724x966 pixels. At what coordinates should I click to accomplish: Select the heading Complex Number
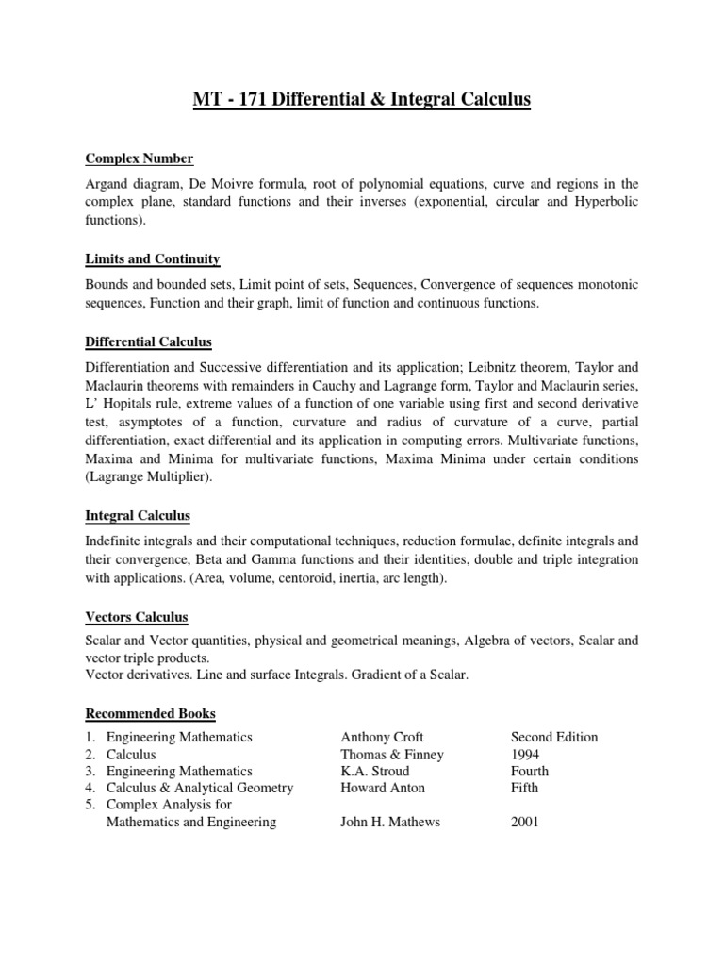point(140,158)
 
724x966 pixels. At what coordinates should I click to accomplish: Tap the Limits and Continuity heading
point(153,258)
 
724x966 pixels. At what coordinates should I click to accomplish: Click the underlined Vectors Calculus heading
point(137,617)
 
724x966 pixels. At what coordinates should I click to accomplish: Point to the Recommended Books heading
point(151,713)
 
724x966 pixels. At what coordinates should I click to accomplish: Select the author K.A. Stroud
point(375,771)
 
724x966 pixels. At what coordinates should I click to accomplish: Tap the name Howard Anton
point(383,788)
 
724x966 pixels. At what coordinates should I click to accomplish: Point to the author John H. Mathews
point(390,822)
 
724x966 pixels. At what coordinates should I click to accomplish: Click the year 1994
point(526,754)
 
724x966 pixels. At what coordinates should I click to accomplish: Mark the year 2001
point(525,822)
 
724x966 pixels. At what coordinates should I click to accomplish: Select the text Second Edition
point(554,737)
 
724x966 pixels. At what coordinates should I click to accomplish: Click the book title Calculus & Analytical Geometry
point(200,788)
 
